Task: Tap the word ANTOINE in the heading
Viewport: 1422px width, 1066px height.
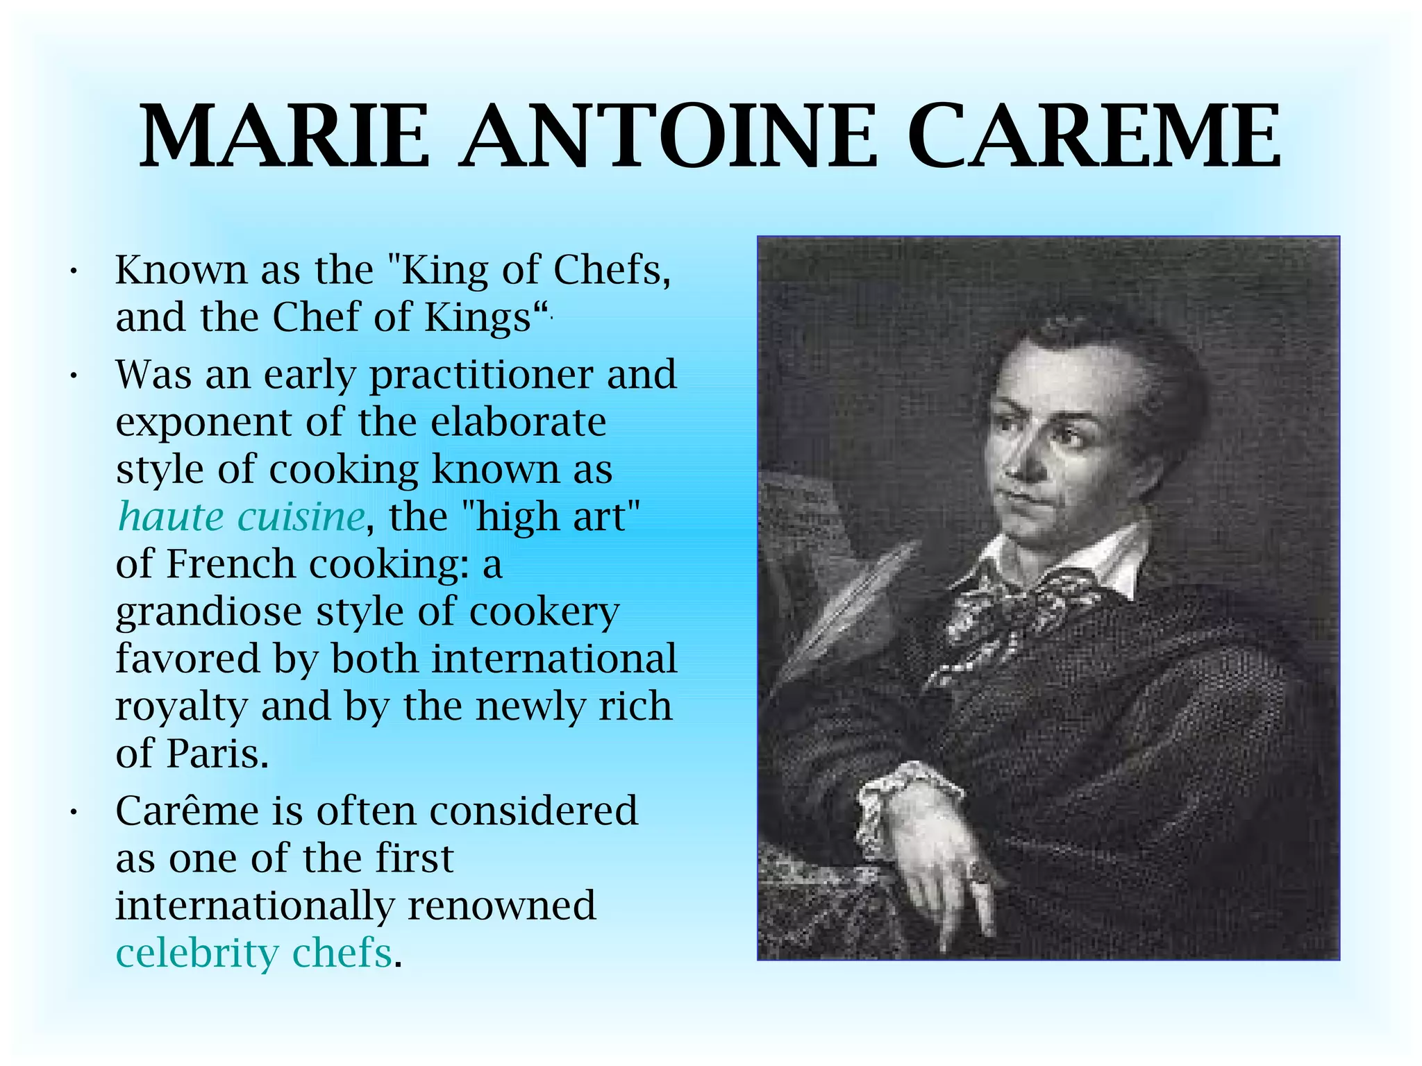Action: coord(668,137)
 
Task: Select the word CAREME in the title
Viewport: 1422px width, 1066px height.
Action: coord(1094,137)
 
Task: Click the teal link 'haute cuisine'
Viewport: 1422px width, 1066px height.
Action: coord(241,517)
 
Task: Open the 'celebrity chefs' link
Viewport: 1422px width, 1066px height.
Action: coord(254,953)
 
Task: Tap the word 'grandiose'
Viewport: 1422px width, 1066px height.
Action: coord(208,612)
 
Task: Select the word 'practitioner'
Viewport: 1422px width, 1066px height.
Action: coord(481,375)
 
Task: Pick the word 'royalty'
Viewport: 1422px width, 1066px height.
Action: coord(181,707)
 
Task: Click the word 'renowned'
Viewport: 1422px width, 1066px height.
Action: coord(501,906)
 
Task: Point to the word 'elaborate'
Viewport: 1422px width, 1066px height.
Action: coord(518,423)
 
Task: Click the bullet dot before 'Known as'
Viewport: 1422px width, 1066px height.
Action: coord(72,271)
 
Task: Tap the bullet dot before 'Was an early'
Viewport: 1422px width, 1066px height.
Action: coord(72,376)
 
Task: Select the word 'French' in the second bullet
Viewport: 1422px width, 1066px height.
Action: coord(231,564)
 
